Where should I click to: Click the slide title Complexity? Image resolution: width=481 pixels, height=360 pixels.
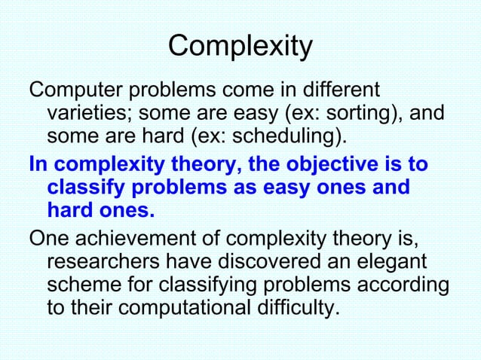point(240,47)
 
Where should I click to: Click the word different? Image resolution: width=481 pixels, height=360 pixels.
point(336,91)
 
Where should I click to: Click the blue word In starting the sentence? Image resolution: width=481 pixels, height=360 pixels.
point(38,164)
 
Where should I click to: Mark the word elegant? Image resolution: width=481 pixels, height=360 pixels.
point(398,263)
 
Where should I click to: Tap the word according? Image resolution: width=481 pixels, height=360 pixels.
point(400,286)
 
